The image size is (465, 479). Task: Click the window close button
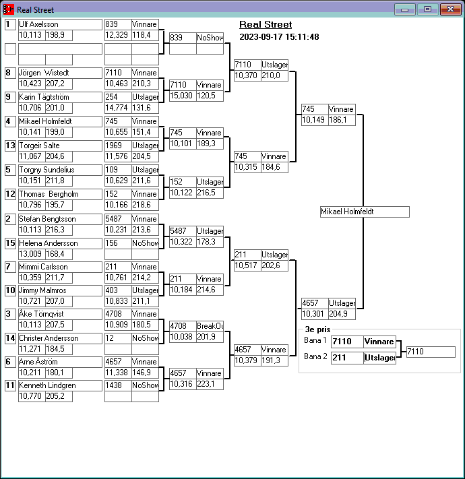(450, 9)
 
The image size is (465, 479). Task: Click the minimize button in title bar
(405, 9)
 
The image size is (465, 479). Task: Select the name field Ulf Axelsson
(60, 24)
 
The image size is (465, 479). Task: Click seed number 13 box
(10, 146)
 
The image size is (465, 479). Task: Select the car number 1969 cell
(118, 146)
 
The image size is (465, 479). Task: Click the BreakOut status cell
(210, 326)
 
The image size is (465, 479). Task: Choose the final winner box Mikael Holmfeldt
(365, 212)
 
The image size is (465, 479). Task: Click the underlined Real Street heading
(266, 24)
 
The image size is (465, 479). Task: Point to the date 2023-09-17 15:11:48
(279, 37)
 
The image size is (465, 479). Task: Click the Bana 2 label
(315, 356)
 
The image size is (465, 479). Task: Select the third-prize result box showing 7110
(431, 352)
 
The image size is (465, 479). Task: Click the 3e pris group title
(317, 329)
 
